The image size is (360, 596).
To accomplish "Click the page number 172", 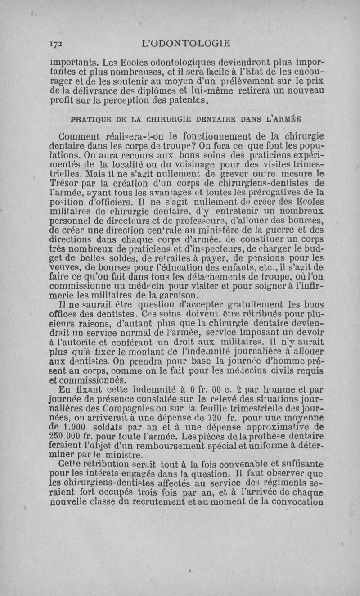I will tap(56, 43).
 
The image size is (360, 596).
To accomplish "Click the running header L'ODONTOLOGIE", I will tap(185, 43).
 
